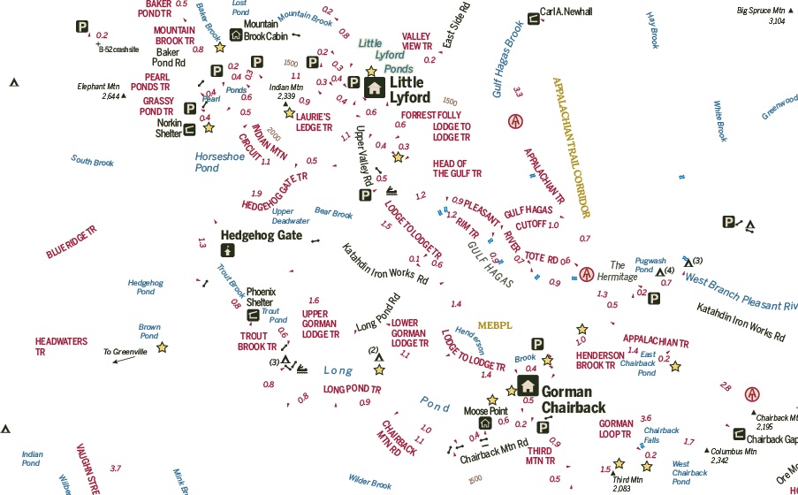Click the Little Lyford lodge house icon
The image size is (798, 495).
pyautogui.click(x=374, y=87)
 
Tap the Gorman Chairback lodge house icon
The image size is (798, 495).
pyautogui.click(x=528, y=385)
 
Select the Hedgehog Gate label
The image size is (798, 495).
pyautogui.click(x=261, y=235)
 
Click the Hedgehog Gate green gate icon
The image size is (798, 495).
pyautogui.click(x=227, y=250)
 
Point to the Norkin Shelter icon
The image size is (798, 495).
pyautogui.click(x=189, y=129)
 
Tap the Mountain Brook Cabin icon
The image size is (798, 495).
pyautogui.click(x=236, y=35)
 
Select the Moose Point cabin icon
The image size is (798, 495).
pyautogui.click(x=484, y=423)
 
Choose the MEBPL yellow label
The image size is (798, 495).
pyautogui.click(x=495, y=324)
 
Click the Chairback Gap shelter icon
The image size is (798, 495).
pyautogui.click(x=738, y=434)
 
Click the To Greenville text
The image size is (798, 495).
pyautogui.click(x=125, y=352)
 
